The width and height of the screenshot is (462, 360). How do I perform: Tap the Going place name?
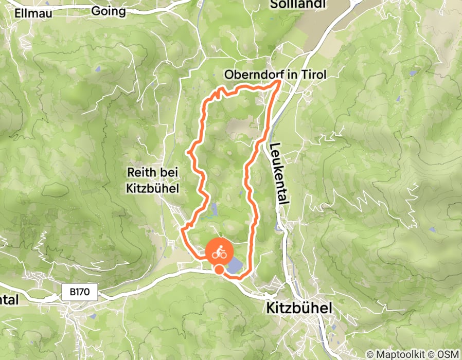point(108,11)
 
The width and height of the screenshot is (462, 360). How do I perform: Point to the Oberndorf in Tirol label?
point(275,75)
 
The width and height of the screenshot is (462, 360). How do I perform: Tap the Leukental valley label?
point(278,175)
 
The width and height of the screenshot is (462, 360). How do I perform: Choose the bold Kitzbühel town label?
point(299,308)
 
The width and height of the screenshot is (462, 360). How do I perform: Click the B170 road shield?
point(80,292)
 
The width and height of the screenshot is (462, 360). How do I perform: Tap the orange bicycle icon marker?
point(220,252)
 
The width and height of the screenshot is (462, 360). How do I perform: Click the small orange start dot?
point(219,269)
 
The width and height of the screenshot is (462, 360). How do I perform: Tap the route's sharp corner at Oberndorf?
point(281,81)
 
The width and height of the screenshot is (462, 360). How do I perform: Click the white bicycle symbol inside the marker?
point(220,252)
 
